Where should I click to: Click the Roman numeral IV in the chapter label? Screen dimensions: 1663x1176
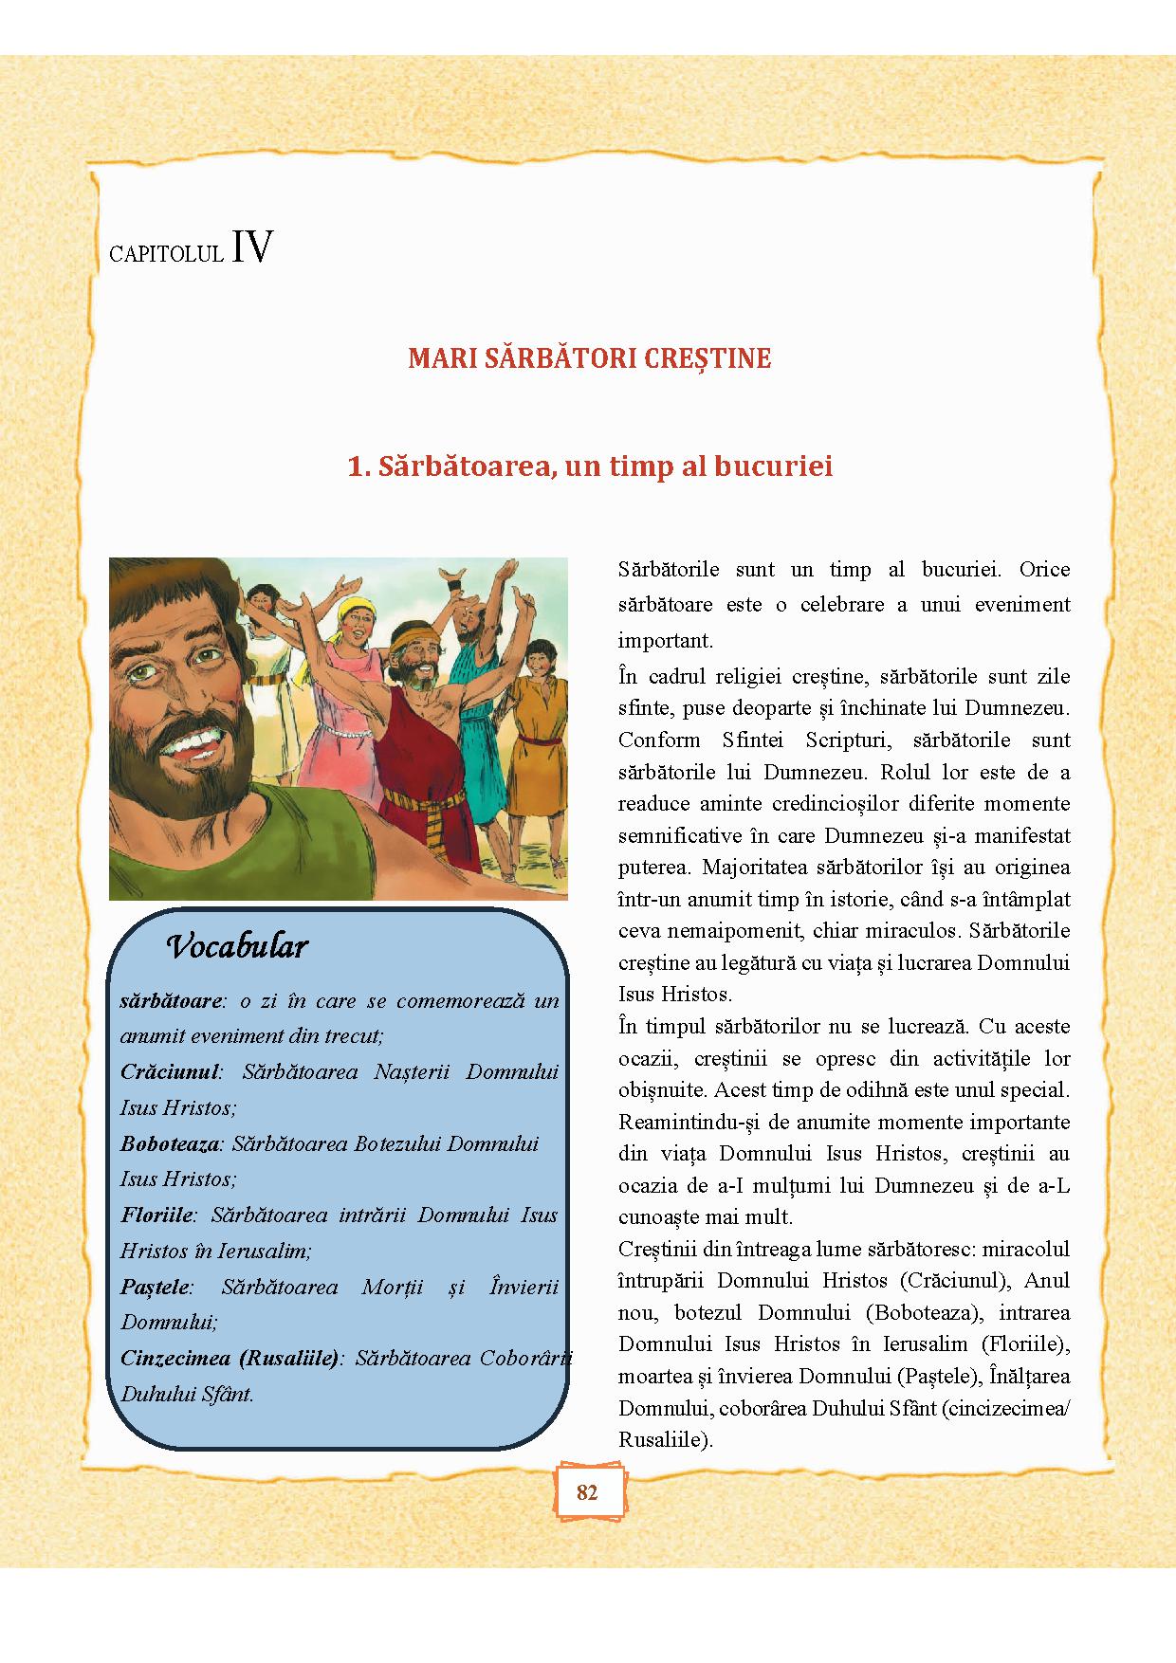pyautogui.click(x=251, y=247)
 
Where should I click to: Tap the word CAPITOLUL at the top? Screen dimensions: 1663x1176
pyautogui.click(x=166, y=254)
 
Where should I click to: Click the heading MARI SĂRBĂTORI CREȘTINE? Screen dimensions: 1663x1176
pyautogui.click(x=589, y=358)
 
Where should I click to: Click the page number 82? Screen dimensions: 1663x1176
pyautogui.click(x=587, y=1492)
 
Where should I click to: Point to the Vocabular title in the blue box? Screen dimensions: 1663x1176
pyautogui.click(x=237, y=946)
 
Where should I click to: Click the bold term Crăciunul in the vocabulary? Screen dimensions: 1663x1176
pyautogui.click(x=170, y=1071)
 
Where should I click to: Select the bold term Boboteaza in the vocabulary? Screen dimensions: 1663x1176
pyautogui.click(x=169, y=1143)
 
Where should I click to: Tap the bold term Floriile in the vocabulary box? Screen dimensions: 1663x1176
pyautogui.click(x=156, y=1215)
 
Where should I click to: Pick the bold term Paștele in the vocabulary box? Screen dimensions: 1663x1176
pyautogui.click(x=156, y=1287)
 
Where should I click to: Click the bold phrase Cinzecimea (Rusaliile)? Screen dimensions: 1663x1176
pyautogui.click(x=230, y=1358)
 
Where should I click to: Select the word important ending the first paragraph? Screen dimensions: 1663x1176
pyautogui.click(x=665, y=640)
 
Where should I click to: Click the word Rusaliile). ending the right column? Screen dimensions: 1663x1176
pyautogui.click(x=665, y=1439)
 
